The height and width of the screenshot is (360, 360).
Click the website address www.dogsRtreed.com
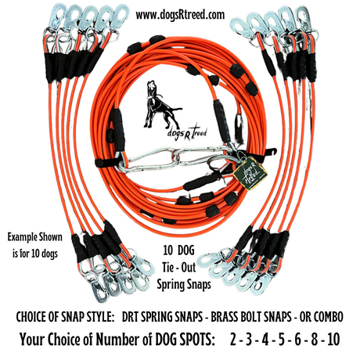point(180,15)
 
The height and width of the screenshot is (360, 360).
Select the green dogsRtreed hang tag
point(250,173)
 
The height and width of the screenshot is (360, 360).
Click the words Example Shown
point(35,237)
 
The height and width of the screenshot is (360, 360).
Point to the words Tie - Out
point(178,268)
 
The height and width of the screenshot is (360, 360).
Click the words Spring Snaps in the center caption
point(184,284)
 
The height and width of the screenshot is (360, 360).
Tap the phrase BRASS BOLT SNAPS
point(251,317)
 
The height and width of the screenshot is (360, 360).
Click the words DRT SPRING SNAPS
point(162,317)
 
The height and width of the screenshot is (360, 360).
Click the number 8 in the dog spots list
point(315,340)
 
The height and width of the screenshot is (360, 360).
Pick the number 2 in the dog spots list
point(233,340)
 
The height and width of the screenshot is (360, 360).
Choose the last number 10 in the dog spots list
point(333,340)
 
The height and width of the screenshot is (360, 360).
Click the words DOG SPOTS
point(185,340)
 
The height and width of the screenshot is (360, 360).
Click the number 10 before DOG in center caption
point(168,250)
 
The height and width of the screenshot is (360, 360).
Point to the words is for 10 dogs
point(35,254)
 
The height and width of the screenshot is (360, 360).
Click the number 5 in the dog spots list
point(282,340)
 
